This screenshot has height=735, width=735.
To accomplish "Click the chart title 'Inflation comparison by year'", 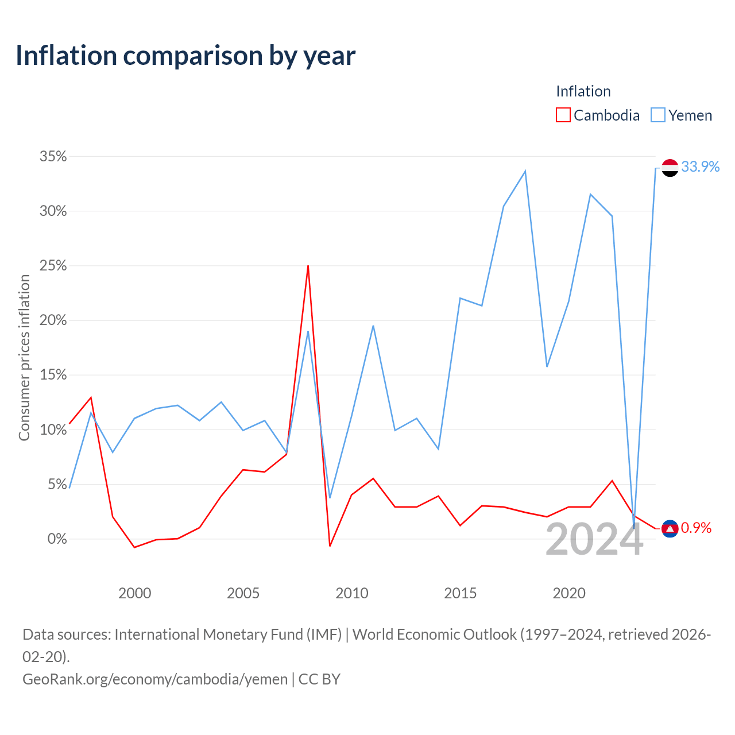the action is (185, 56).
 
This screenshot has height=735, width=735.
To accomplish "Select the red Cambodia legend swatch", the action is (563, 115).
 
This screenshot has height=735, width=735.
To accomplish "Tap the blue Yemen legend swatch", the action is (657, 115).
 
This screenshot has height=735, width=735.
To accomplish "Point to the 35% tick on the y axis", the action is (53, 156).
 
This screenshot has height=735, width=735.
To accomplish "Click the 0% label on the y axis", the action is (57, 539).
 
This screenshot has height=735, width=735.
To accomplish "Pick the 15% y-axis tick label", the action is (53, 375).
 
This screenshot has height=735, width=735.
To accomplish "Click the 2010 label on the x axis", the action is (351, 593).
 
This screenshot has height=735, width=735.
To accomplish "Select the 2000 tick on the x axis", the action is (134, 593).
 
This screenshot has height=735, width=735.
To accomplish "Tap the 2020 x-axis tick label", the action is (568, 593).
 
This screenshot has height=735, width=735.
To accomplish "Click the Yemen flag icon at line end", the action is (670, 168).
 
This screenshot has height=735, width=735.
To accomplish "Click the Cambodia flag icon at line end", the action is (670, 529).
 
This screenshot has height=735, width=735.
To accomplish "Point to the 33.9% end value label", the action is (701, 167).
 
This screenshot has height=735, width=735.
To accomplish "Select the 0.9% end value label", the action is (696, 528).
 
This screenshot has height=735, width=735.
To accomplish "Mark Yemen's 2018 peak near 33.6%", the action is (525, 171).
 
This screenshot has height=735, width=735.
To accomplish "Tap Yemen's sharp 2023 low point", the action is (633, 528).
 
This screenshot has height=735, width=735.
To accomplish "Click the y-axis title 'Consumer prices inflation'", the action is (24, 358).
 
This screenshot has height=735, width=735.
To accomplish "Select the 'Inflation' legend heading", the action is (583, 91).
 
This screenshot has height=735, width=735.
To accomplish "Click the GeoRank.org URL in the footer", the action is (155, 679).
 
